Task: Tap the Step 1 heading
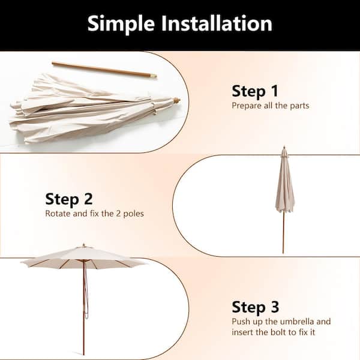click(x=255, y=91)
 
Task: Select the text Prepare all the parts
click(x=270, y=106)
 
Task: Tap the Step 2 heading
click(x=69, y=199)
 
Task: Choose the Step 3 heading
click(x=255, y=307)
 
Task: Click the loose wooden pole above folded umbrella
click(x=102, y=69)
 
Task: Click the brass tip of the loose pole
click(x=154, y=76)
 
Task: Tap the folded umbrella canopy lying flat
click(x=84, y=111)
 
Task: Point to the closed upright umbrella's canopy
click(x=284, y=186)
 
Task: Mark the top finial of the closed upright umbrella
click(x=284, y=148)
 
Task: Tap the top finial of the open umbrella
click(x=84, y=245)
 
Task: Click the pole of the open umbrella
click(x=84, y=312)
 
